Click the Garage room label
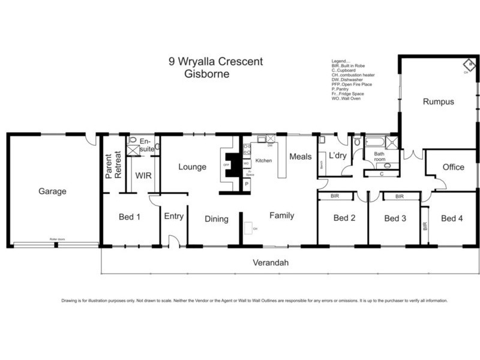[x=52, y=191]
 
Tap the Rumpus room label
[x=438, y=101]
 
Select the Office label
[x=453, y=167]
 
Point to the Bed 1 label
[x=129, y=217]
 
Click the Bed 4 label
[x=452, y=218]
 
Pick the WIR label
[x=143, y=176]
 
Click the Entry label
[x=173, y=217]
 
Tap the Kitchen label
[x=264, y=161]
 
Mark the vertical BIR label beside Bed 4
[x=425, y=226]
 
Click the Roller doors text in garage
[x=57, y=239]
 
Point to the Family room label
[x=281, y=215]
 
